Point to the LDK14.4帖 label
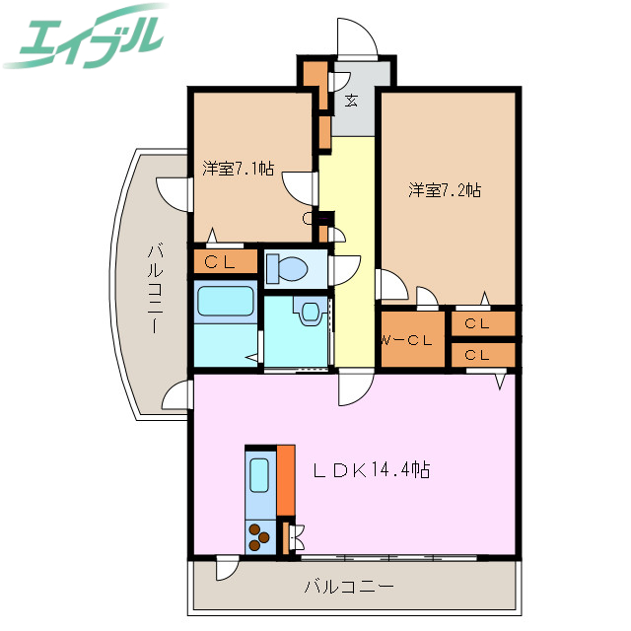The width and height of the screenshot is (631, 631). tap(371, 470)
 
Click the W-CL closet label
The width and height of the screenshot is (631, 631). tap(406, 341)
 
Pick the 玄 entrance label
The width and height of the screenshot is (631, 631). tap(351, 99)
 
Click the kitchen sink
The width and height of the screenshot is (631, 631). tap(260, 476)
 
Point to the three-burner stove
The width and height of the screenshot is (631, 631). tap(261, 537)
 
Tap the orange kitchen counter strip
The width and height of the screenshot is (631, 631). tap(286, 479)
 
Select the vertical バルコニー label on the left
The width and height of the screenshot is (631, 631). tap(155, 287)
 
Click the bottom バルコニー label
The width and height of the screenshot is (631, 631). tap(348, 588)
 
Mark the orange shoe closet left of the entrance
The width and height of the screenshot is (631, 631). tap(314, 77)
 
